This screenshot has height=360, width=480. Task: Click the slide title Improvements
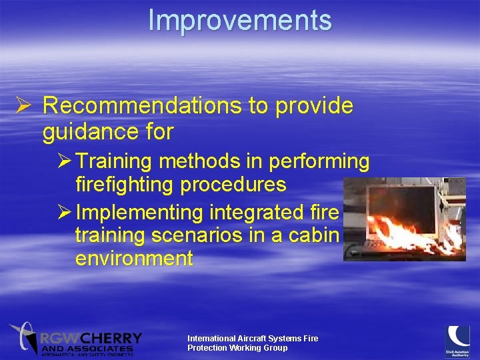(x=239, y=20)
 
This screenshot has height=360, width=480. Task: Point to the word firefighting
(x=130, y=183)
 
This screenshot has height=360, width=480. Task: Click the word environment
(x=134, y=258)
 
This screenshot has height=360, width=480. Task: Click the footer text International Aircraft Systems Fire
(x=253, y=339)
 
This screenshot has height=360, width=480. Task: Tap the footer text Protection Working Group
(x=237, y=348)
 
